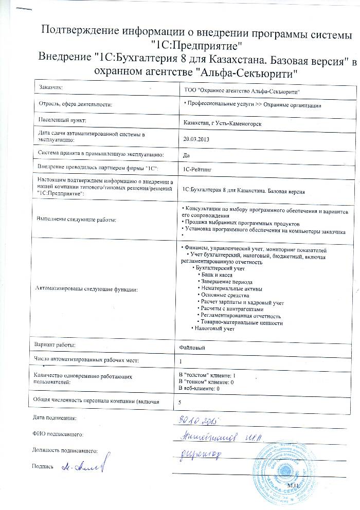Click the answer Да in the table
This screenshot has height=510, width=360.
tap(187, 154)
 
